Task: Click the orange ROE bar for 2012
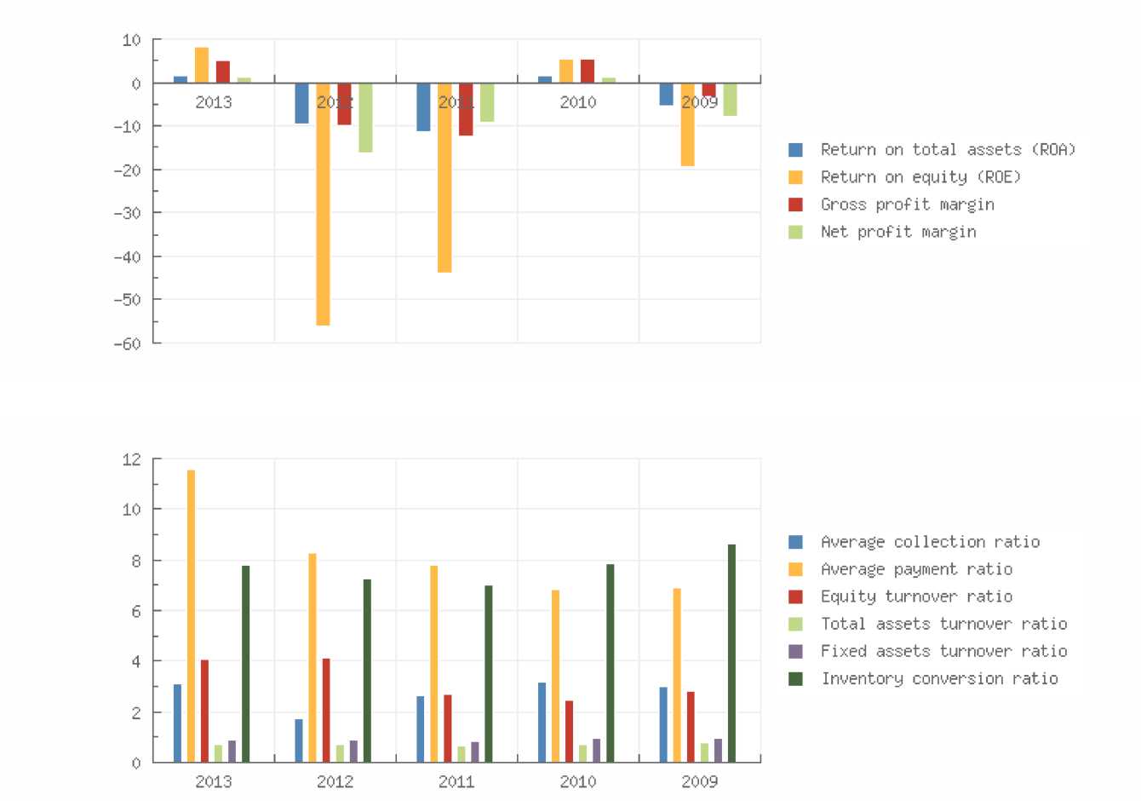pyautogui.click(x=323, y=205)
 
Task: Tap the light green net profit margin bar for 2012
pyautogui.click(x=365, y=118)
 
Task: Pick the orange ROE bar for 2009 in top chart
pyautogui.click(x=687, y=124)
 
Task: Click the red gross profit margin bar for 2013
pyautogui.click(x=223, y=72)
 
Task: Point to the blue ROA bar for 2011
pyautogui.click(x=423, y=107)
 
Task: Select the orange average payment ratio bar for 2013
pyautogui.click(x=191, y=615)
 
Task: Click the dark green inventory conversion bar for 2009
pyautogui.click(x=731, y=653)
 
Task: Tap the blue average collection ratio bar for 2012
pyautogui.click(x=299, y=740)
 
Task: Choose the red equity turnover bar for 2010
pyautogui.click(x=569, y=731)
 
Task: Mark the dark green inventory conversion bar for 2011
pyautogui.click(x=488, y=673)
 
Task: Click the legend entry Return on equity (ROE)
pyautogui.click(x=920, y=177)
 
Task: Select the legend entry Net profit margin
pyautogui.click(x=898, y=232)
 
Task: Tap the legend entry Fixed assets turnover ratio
pyautogui.click(x=943, y=651)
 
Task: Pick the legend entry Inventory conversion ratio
pyautogui.click(x=939, y=678)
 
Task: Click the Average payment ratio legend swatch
pyautogui.click(x=796, y=569)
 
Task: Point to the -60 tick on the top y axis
pyautogui.click(x=130, y=343)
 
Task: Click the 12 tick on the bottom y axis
pyautogui.click(x=132, y=459)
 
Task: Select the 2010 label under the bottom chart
pyautogui.click(x=578, y=781)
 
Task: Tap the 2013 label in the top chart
pyautogui.click(x=213, y=102)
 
